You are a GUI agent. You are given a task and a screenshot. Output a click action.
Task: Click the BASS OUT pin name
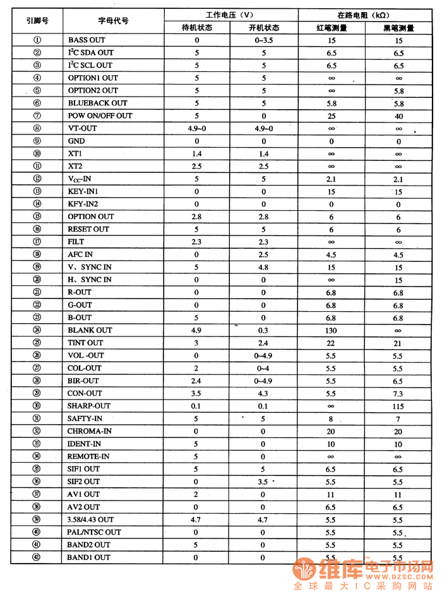(87, 40)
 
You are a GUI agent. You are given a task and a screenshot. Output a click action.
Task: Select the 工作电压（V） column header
(230, 14)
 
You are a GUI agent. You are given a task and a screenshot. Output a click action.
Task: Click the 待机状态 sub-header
(197, 28)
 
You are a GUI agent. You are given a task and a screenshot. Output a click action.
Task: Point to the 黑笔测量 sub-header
(398, 28)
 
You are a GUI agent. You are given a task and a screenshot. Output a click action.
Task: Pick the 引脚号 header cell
(37, 20)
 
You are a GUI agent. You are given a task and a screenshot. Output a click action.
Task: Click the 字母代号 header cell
(114, 20)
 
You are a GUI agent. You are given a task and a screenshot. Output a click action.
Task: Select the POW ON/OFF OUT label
(100, 116)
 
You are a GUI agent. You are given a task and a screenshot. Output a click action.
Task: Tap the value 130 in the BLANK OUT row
(331, 331)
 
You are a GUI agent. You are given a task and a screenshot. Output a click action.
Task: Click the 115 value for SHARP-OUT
(398, 407)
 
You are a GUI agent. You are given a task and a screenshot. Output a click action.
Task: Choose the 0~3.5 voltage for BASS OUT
(264, 40)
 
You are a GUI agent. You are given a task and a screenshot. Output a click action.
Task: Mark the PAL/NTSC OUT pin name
(94, 532)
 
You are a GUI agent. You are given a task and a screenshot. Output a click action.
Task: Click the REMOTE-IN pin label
(88, 456)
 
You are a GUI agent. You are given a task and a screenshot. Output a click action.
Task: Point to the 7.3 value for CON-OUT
(398, 394)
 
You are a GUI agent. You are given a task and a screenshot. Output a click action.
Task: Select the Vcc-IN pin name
(80, 179)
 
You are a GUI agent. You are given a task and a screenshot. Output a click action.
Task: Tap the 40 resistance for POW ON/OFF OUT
(398, 116)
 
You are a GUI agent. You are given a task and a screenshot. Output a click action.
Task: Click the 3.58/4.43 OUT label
(91, 520)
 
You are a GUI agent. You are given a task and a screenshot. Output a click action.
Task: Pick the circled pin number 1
(37, 40)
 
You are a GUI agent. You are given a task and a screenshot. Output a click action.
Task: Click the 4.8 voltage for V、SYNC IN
(264, 268)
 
